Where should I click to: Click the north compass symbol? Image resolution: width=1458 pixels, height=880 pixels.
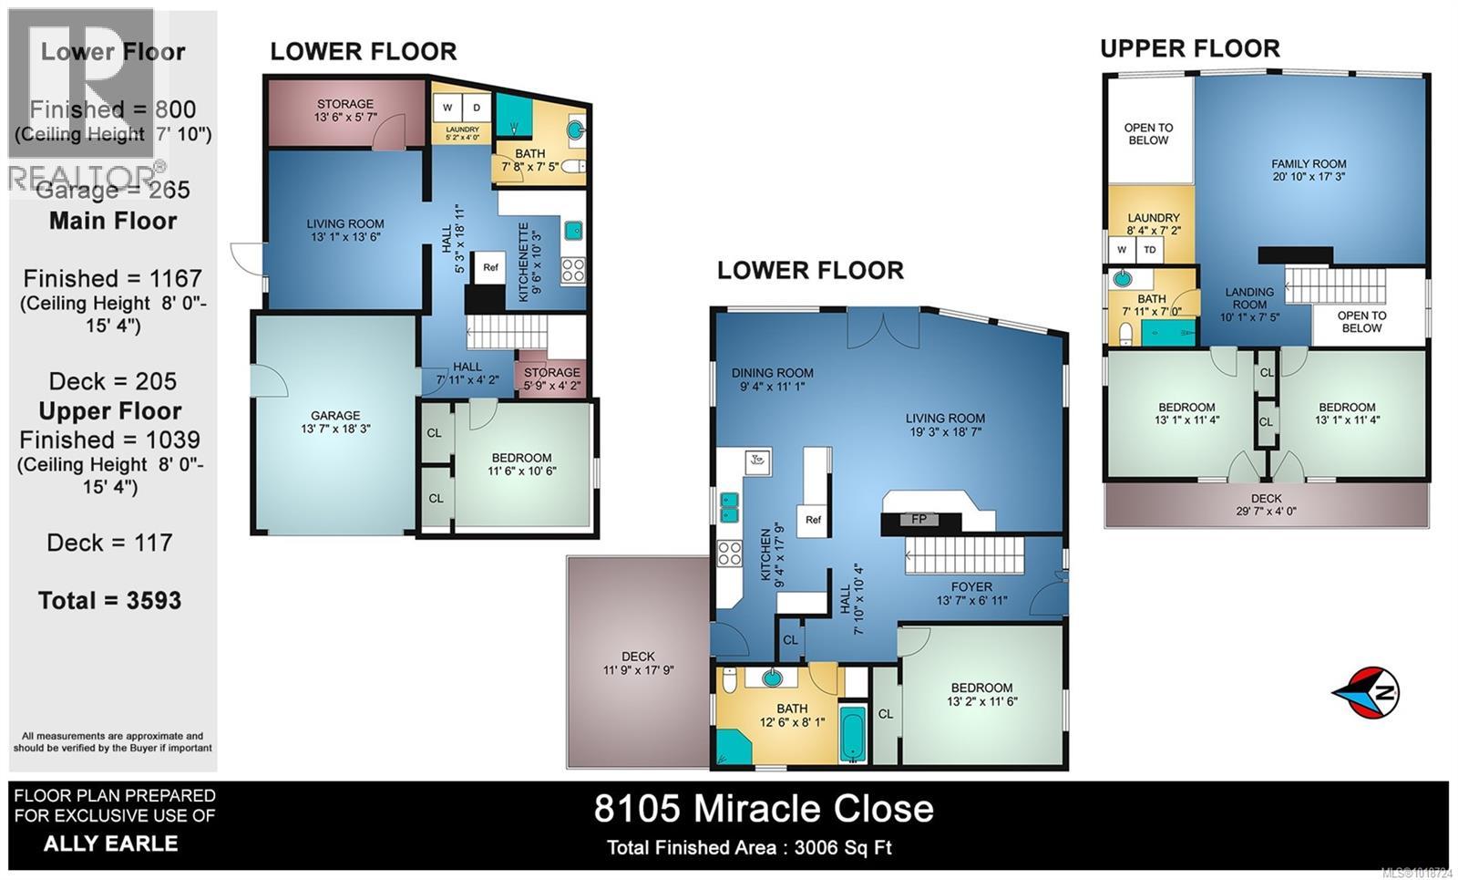pyautogui.click(x=1366, y=693)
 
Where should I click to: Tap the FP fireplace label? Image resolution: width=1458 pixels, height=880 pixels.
pyautogui.click(x=919, y=520)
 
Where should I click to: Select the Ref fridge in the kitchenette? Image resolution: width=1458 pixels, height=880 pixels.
pyautogui.click(x=490, y=267)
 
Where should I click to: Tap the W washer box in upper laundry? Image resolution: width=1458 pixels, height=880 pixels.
pyautogui.click(x=1122, y=250)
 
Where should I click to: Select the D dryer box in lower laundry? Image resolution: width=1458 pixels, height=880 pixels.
pyautogui.click(x=476, y=108)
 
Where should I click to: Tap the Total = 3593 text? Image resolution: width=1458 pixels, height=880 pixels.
pyautogui.click(x=109, y=600)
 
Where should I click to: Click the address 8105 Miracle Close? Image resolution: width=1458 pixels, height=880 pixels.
pyautogui.click(x=764, y=809)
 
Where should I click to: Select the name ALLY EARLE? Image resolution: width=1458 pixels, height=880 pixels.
pyautogui.click(x=111, y=844)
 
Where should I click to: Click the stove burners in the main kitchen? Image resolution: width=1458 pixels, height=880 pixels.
pyautogui.click(x=729, y=553)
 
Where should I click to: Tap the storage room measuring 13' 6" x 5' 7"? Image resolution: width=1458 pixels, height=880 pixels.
pyautogui.click(x=345, y=110)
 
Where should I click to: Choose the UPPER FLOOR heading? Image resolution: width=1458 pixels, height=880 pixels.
pyautogui.click(x=1189, y=48)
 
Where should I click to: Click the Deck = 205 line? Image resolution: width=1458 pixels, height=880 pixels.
pyautogui.click(x=113, y=381)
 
